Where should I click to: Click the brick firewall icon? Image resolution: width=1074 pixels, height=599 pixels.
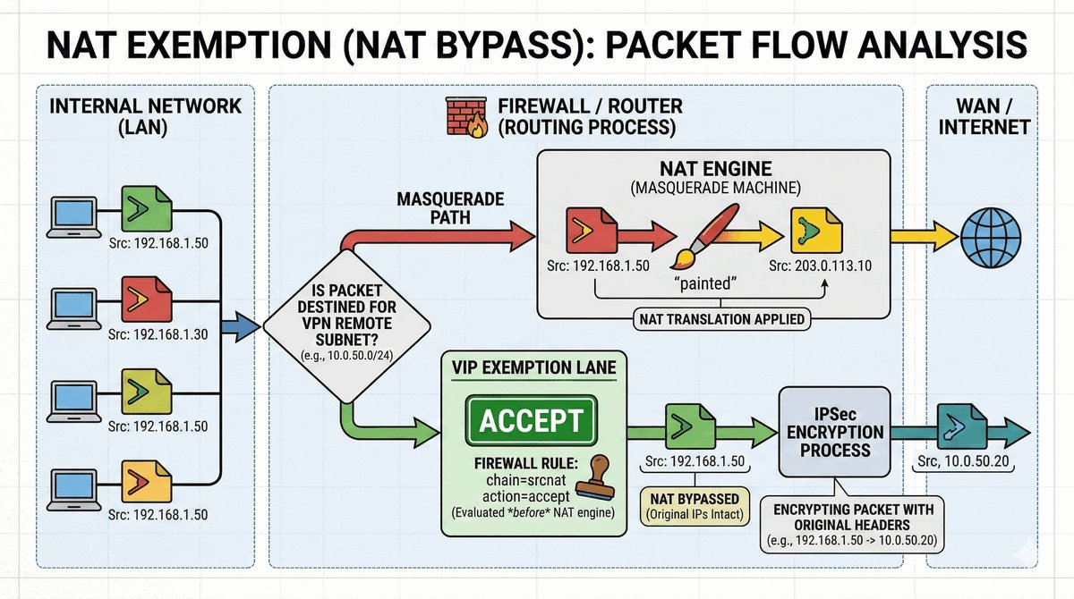click(x=464, y=117)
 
